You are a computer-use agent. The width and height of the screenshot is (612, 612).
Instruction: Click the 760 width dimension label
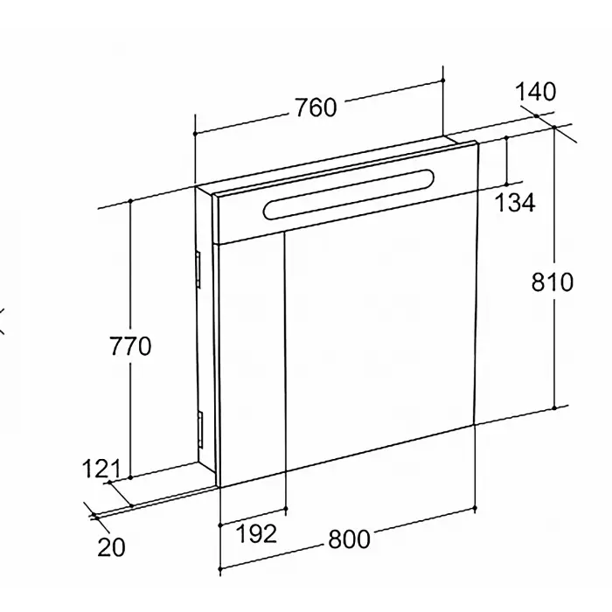coord(316,108)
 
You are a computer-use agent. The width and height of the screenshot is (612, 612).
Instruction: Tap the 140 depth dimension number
coord(535,92)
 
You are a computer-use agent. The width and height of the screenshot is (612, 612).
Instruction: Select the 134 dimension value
coord(515,203)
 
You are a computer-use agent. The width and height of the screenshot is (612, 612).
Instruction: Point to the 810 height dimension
coord(553,282)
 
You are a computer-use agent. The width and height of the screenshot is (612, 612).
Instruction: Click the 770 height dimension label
coord(130,346)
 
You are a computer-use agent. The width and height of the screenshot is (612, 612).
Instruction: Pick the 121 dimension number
coord(101,469)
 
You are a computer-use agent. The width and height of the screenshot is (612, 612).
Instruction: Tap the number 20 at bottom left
coord(112,547)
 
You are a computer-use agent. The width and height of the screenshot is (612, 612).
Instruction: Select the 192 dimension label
coord(257,533)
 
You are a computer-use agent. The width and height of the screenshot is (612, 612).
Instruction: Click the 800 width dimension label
coord(349,539)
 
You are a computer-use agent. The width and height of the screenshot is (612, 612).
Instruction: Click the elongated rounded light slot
coord(349,194)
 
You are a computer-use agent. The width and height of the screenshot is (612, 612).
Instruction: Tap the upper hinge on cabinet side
coord(198,269)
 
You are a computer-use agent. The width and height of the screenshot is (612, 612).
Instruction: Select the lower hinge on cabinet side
coord(200,429)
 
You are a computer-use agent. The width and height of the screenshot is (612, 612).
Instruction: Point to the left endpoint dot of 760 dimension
coord(195,134)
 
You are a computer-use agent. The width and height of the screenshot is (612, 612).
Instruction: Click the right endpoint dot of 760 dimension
coord(443,80)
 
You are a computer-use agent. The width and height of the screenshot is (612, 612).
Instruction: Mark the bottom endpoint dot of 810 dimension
coord(553,408)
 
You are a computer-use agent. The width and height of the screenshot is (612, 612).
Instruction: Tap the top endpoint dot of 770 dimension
coord(130,200)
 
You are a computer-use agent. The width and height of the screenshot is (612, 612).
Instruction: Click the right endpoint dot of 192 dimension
coord(286,509)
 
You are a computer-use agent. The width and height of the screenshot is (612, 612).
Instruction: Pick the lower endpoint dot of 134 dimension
coord(506,184)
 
